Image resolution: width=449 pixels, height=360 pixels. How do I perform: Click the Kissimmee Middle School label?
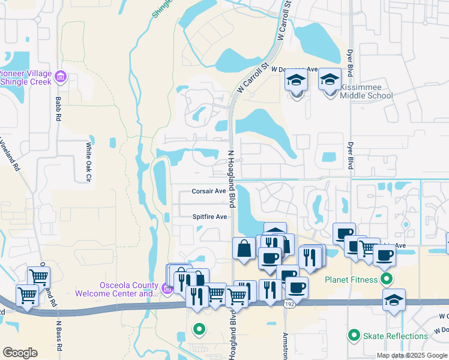366,91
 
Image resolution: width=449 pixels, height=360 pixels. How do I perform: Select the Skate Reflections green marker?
354,335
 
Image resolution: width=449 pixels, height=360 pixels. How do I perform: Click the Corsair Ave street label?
208,191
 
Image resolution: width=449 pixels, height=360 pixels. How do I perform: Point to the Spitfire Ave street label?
210,217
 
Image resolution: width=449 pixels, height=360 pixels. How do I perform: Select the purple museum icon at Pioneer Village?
59,77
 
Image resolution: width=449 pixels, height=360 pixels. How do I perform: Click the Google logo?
20,352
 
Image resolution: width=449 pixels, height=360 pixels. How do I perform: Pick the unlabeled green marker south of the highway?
199,328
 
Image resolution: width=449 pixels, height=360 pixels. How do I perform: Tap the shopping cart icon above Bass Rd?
38,277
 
